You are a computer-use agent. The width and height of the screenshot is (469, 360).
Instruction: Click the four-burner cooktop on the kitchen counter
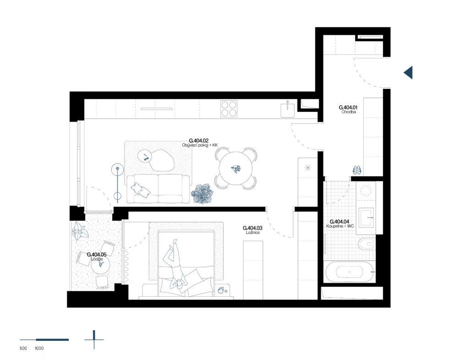point(229,109)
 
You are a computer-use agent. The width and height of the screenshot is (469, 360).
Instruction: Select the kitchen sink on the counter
point(288,110)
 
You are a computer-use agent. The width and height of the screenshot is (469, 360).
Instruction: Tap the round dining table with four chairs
point(236,168)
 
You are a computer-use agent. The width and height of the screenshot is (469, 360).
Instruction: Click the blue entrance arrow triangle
point(409,72)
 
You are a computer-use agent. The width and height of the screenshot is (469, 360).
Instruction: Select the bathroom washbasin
point(366,218)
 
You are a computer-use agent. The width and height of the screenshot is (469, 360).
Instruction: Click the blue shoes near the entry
point(357,170)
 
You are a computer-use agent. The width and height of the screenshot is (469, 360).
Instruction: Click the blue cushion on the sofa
point(140,190)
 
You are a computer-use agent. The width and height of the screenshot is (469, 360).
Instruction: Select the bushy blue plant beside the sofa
point(202,194)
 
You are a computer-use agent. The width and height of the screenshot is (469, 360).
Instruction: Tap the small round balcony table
point(100,265)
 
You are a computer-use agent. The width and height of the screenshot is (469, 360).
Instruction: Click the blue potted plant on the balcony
point(80,232)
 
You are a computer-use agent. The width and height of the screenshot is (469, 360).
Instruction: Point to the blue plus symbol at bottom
point(94,340)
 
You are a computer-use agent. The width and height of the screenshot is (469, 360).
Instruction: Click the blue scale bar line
point(45,340)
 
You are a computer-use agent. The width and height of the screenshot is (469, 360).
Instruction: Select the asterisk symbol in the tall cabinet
point(308,168)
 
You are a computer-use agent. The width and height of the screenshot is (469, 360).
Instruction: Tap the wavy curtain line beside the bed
point(127,266)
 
